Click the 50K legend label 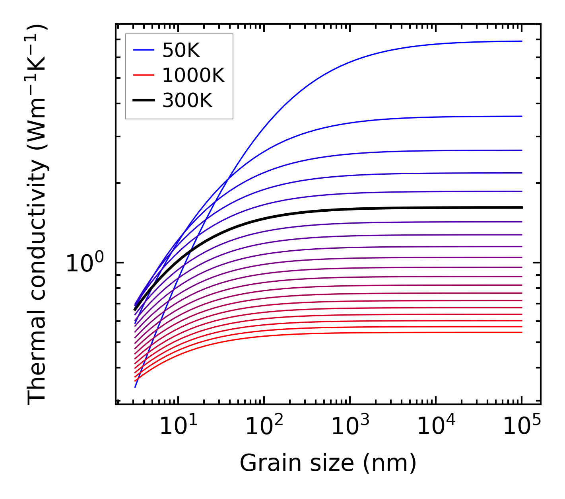(181, 50)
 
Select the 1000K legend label (193, 75)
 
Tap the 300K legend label (187, 101)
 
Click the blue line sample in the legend (143, 50)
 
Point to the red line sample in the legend (143, 75)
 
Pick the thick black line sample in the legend (143, 101)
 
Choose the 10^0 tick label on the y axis (85, 263)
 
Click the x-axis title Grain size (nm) (328, 463)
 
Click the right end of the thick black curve (521, 207)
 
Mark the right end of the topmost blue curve (521, 41)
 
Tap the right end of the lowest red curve (521, 332)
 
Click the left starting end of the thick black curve (135, 309)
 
